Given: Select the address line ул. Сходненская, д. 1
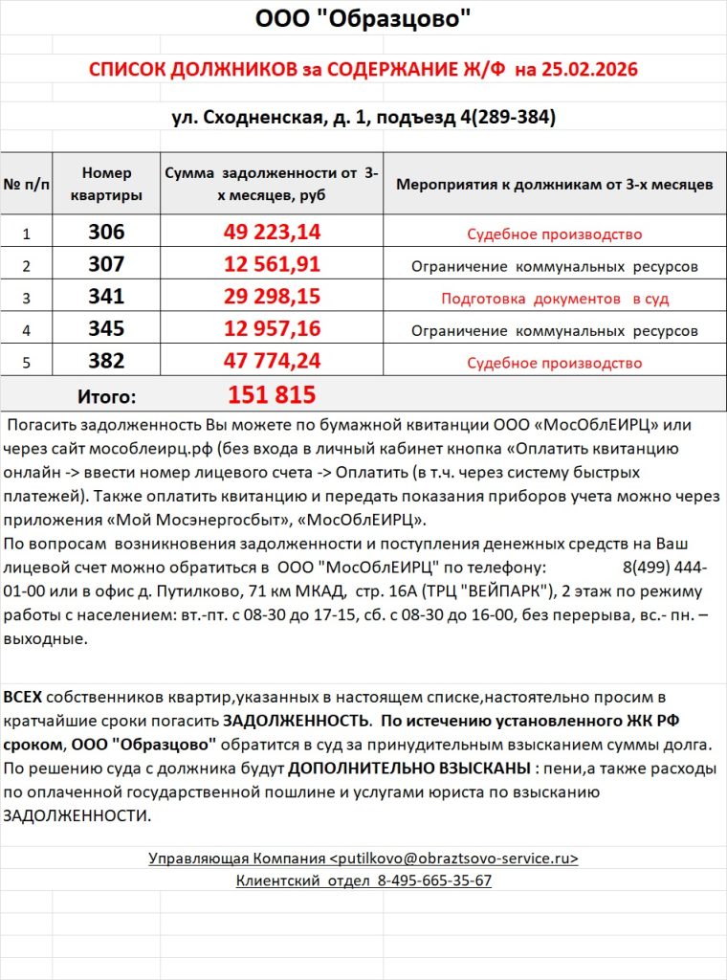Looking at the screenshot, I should (x=277, y=118).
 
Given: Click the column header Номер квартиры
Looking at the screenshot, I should (x=106, y=184).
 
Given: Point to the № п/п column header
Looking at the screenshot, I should (x=27, y=184).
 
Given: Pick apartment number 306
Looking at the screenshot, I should (x=106, y=233).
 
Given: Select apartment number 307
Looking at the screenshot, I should (x=106, y=265).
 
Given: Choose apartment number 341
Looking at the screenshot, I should (x=106, y=298).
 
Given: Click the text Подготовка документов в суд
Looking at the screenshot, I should (x=555, y=299).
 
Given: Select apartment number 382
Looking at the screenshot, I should (x=106, y=362).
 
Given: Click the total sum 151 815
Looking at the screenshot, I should (x=272, y=395).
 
